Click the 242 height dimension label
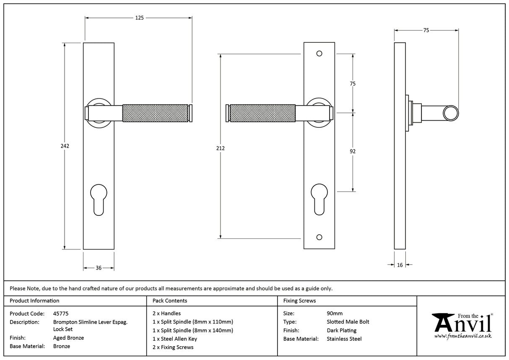click(x=65, y=146)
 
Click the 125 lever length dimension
click(x=139, y=18)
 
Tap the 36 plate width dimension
click(x=99, y=268)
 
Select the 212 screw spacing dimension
click(x=221, y=148)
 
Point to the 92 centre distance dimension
click(x=352, y=151)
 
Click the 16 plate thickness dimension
click(x=400, y=265)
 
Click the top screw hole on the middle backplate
click(x=319, y=54)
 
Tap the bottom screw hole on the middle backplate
click(x=319, y=238)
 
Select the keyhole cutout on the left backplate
click(x=99, y=199)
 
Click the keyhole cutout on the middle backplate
click(x=319, y=199)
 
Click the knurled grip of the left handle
click(x=155, y=113)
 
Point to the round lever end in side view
click(x=451, y=113)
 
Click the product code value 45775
click(x=61, y=313)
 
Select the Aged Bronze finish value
click(x=68, y=338)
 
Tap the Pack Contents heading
click(x=170, y=300)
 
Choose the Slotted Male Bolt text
click(x=348, y=322)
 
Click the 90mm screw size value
click(x=334, y=313)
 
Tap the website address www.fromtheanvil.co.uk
click(x=462, y=336)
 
